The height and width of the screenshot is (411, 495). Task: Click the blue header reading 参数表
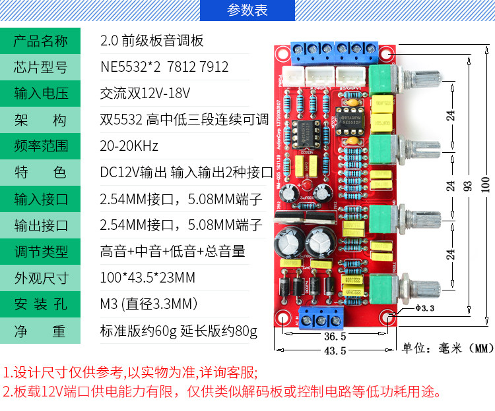(x=247, y=11)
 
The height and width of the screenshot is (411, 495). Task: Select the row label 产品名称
(x=41, y=41)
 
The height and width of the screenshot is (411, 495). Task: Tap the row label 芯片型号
(x=41, y=67)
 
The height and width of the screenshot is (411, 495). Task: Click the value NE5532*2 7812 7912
(x=164, y=67)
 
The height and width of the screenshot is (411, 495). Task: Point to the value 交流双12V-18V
(x=145, y=94)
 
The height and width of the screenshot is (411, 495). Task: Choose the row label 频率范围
(x=41, y=146)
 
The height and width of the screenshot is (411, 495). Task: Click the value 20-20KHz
(x=129, y=146)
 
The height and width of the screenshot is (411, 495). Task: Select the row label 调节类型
(x=41, y=252)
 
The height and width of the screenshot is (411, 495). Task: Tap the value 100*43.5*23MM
(x=147, y=278)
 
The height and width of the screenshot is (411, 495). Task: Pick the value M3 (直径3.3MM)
(x=149, y=304)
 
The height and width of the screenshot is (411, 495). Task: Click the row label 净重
(x=41, y=331)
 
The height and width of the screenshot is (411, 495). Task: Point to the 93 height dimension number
(x=469, y=186)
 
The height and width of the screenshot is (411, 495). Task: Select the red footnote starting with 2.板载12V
(x=221, y=392)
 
